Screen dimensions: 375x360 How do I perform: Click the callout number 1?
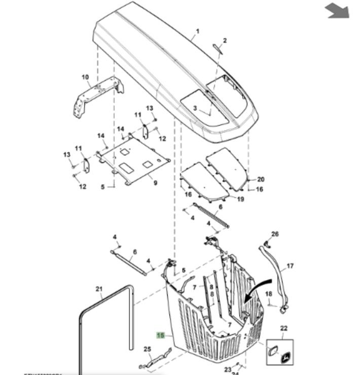pos(198,31)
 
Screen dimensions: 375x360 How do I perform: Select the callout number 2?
pos(225,41)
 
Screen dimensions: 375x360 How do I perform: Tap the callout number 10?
pos(85,77)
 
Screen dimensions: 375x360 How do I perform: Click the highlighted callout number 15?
pos(161,335)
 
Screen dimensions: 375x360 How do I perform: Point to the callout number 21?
pos(99,289)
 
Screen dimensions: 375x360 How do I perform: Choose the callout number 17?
pos(290,265)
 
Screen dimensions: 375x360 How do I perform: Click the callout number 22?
pos(283,329)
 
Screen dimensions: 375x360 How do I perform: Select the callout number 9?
pos(155,183)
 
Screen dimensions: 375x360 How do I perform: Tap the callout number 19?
pos(240,199)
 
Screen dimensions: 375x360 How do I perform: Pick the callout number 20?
pos(261,179)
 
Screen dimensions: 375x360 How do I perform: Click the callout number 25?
pos(148,349)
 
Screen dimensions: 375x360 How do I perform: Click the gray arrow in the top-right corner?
pos(337,10)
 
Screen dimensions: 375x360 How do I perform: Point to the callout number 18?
pos(269,294)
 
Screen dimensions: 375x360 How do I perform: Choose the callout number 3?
pos(195,108)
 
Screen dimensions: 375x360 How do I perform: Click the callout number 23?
pos(228,369)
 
